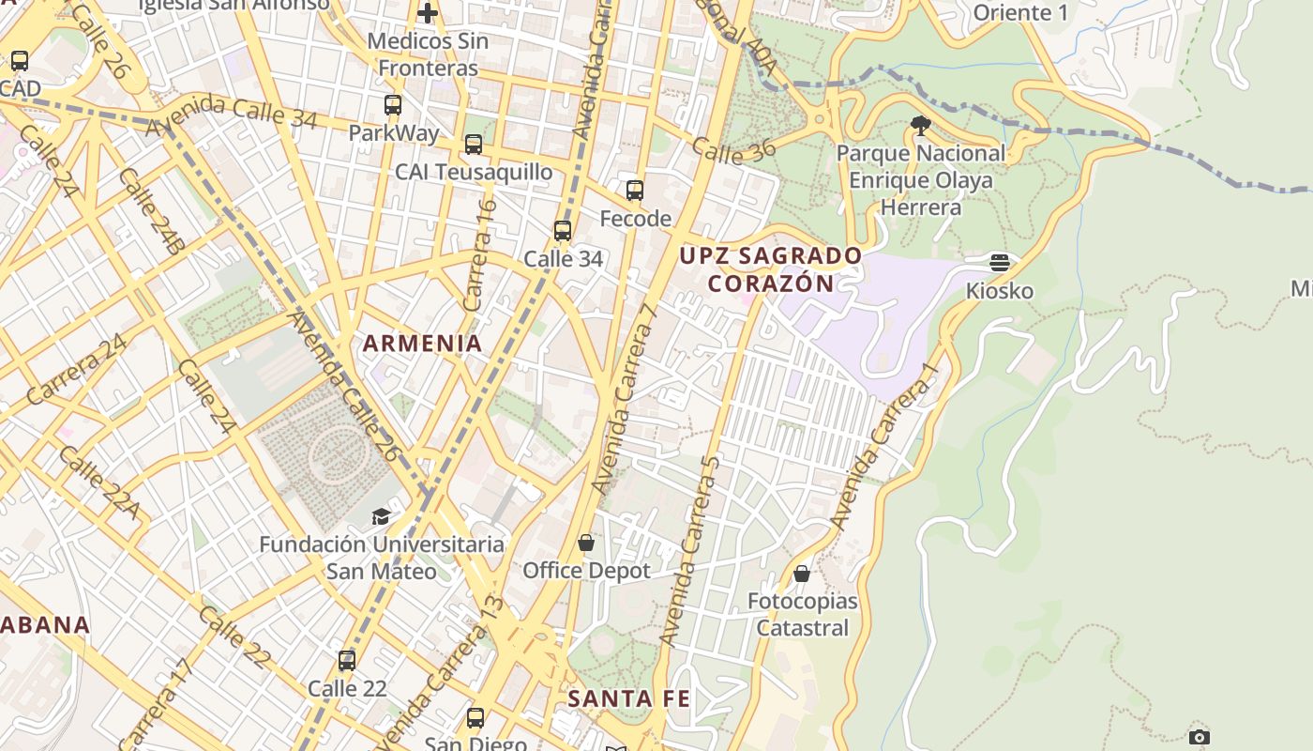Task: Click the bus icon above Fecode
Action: coord(635,191)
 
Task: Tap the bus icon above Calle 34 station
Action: coord(563,230)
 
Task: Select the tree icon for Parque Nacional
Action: coord(920,125)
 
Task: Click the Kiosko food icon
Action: coord(1000,262)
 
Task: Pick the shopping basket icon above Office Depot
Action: coord(586,543)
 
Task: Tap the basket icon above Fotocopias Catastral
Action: coord(802,573)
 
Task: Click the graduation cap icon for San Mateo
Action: coord(381,516)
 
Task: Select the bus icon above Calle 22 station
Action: coord(347,660)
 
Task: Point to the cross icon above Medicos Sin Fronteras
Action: coord(428,13)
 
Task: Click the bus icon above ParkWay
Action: coord(393,105)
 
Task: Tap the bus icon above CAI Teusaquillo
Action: coord(474,145)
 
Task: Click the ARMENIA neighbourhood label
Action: coord(423,344)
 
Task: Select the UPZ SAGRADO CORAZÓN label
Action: coord(770,269)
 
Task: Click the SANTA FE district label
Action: coord(628,698)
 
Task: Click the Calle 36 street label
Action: coord(734,151)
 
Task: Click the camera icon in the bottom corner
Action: coord(1199,737)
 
